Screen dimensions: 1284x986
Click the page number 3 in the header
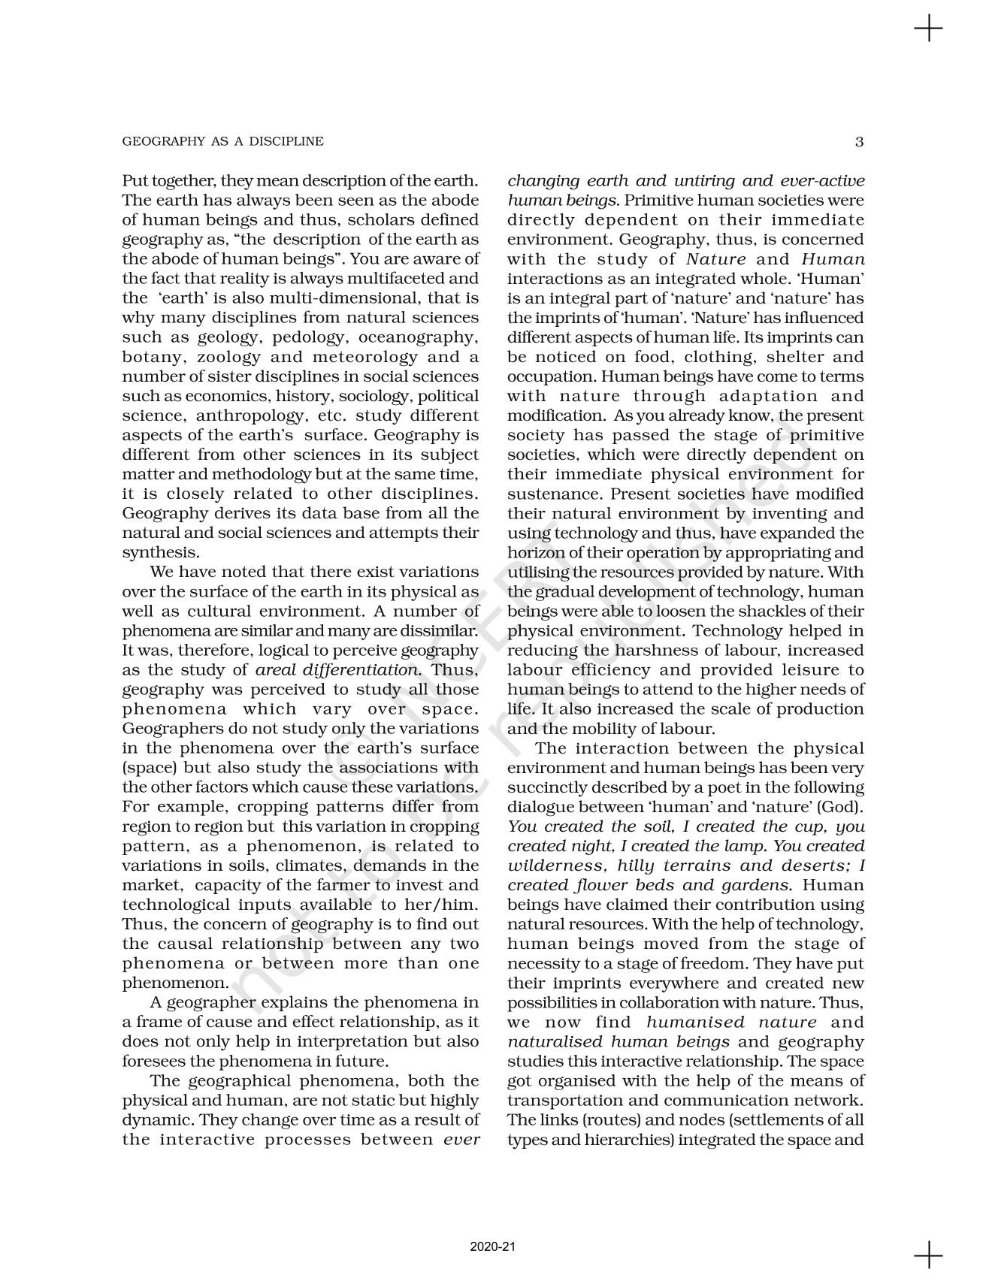point(860,141)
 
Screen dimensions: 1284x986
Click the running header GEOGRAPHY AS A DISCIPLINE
point(222,141)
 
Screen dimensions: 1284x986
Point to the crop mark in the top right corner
point(929,29)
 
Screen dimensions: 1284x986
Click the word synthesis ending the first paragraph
point(150,553)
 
